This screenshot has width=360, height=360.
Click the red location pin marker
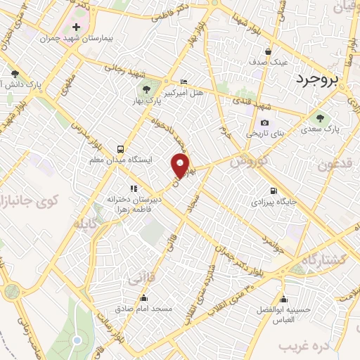point(181,166)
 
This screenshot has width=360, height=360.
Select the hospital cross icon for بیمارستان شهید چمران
point(76,26)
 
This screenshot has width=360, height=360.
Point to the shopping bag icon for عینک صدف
point(268,51)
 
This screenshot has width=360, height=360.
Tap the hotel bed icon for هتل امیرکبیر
point(184,82)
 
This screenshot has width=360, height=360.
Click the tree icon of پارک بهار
point(146,89)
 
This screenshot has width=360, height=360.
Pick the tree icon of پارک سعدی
point(321,117)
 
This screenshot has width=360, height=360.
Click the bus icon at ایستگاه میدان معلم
point(120,149)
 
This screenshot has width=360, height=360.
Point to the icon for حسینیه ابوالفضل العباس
point(283,298)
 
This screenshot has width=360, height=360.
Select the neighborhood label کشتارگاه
point(323,259)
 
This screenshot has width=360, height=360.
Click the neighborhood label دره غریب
point(304,345)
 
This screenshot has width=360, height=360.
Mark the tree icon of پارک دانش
point(14,73)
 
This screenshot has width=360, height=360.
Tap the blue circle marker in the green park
point(77,340)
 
